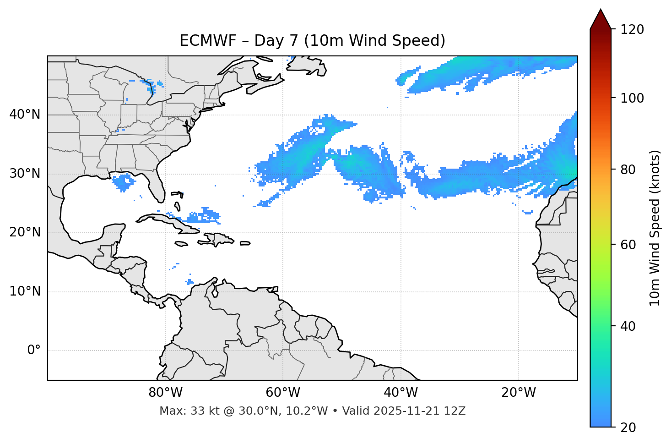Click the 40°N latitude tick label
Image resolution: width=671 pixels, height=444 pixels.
(x=25, y=115)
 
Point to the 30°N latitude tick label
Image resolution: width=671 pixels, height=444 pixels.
(x=25, y=174)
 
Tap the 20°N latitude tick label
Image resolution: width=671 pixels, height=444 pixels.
(x=25, y=232)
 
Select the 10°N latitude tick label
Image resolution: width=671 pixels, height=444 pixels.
(x=25, y=291)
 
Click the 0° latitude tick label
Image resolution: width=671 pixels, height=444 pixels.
(x=34, y=351)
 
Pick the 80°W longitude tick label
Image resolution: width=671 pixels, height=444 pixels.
(x=165, y=393)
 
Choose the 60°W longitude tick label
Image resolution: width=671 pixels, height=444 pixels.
(x=283, y=393)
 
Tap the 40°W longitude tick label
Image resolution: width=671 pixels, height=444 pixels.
(x=400, y=393)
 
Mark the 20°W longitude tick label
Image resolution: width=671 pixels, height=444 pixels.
(x=518, y=393)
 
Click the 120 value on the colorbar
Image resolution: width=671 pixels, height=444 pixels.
(x=632, y=29)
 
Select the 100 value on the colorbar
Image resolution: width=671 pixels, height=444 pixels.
(x=632, y=98)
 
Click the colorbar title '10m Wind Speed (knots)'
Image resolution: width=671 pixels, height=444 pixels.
(x=655, y=228)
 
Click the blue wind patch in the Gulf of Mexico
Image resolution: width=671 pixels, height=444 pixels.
(x=123, y=181)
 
